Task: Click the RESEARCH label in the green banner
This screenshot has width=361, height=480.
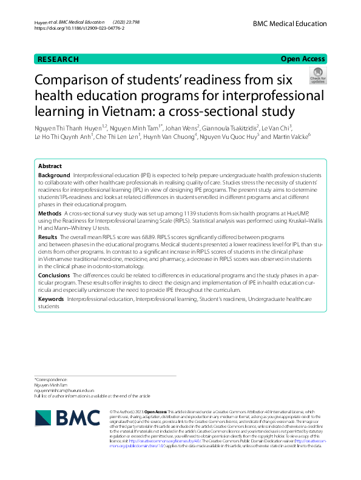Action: coord(58,59)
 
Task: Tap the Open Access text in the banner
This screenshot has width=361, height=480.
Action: coord(303,59)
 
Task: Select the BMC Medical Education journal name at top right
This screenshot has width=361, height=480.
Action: coord(290,23)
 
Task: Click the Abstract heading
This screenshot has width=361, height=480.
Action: coord(50,166)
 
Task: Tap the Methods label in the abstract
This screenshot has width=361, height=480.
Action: coord(50,214)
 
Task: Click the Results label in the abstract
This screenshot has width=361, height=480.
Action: coord(48,236)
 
